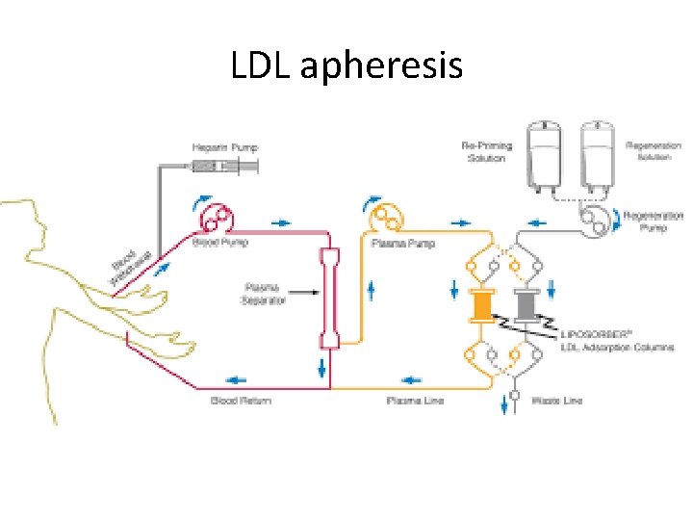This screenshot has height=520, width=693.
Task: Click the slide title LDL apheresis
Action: (346, 65)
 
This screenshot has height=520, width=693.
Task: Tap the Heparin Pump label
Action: (223, 147)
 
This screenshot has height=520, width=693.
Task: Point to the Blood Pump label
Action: (220, 241)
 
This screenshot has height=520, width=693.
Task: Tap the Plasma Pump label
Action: (403, 244)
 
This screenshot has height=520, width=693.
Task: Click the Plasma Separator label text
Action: (263, 294)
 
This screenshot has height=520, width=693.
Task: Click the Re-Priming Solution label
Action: (487, 152)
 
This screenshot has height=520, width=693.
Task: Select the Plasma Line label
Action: (415, 401)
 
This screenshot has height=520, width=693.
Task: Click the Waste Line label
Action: (556, 401)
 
